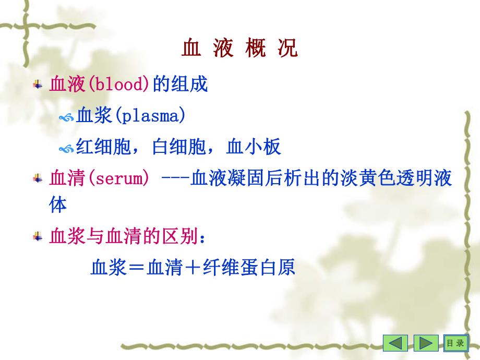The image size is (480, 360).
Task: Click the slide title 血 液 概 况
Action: pyautogui.click(x=240, y=49)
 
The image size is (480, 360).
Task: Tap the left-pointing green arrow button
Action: pyautogui.click(x=396, y=343)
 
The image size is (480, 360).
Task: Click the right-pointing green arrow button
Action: pyautogui.click(x=426, y=343)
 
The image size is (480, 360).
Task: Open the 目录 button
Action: pyautogui.click(x=454, y=343)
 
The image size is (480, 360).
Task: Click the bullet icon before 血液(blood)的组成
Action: pyautogui.click(x=38, y=84)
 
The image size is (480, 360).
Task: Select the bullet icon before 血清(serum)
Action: pyautogui.click(x=38, y=179)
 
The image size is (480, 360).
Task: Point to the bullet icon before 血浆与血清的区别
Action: pyautogui.click(x=38, y=237)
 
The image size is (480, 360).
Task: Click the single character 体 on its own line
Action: pyautogui.click(x=58, y=205)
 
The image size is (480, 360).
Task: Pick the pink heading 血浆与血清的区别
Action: pyautogui.click(x=123, y=237)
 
